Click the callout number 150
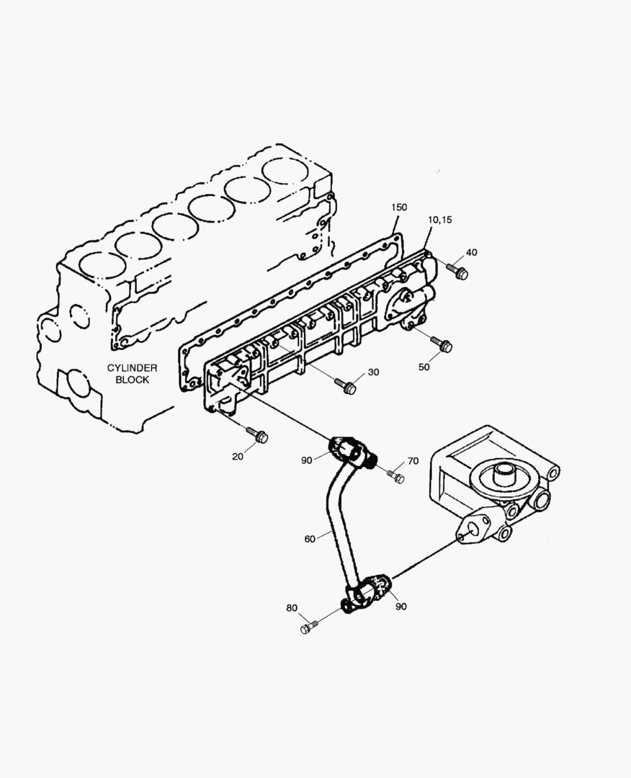399,207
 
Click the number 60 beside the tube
310,537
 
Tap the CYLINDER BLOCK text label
133,373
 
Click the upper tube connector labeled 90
347,451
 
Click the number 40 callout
471,252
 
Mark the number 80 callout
291,608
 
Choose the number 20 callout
238,456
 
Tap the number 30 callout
373,372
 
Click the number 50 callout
424,367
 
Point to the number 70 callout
413,461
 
